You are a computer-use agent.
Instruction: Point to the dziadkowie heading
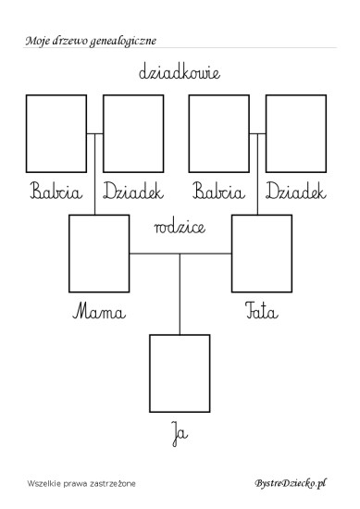pos(180,72)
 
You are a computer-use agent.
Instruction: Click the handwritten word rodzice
pos(180,227)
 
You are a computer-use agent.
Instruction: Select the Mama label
pos(99,311)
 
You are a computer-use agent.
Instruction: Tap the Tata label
pos(262,311)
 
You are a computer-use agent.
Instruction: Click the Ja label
pos(180,434)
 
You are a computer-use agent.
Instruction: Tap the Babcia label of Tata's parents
pos(218,191)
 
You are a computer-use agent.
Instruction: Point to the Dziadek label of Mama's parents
pos(133,191)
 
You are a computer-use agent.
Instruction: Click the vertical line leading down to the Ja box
pos(180,294)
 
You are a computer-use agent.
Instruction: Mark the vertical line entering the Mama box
pos(94,174)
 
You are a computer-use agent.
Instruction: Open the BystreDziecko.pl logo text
pos(291,483)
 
